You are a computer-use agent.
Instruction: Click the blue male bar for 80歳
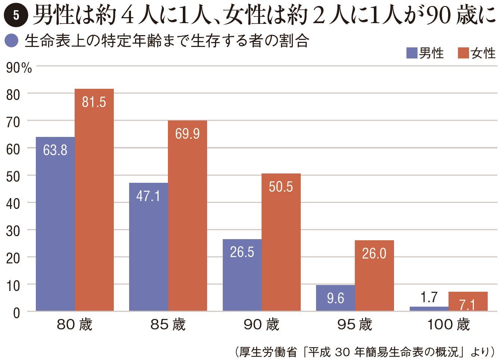(x=55, y=224)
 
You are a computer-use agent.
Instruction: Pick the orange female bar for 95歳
(x=374, y=280)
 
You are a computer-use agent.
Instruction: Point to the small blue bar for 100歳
(x=429, y=309)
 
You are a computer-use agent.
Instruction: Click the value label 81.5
(x=94, y=102)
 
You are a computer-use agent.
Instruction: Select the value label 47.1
(x=148, y=196)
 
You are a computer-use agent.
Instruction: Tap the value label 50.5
(x=281, y=187)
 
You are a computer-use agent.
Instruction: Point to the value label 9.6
(x=335, y=298)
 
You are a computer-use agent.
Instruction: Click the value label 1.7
(x=429, y=297)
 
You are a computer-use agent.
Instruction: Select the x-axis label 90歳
(x=262, y=325)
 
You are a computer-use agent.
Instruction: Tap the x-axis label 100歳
(x=448, y=325)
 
